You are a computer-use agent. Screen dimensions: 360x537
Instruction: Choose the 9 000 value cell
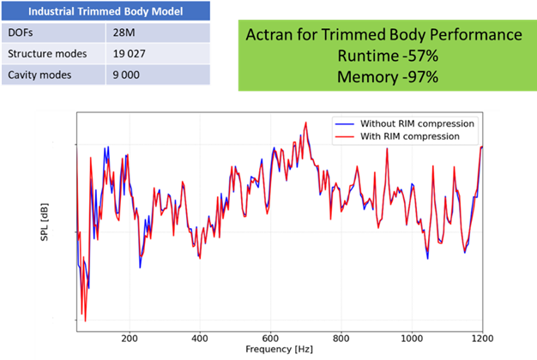coord(127,75)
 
